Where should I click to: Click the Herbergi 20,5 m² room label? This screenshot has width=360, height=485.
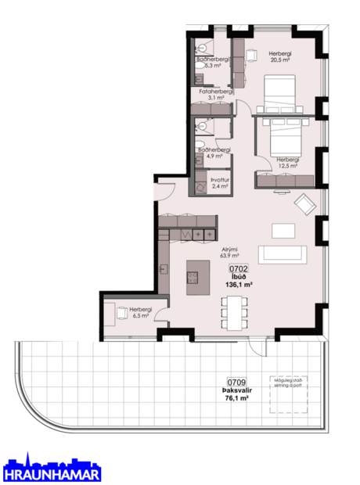[x=279, y=56]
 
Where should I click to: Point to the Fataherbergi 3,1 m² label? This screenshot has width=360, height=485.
[x=213, y=94]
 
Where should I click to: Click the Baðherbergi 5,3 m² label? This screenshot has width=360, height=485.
[x=213, y=63]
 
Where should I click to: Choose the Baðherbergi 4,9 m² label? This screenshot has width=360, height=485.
[x=214, y=153]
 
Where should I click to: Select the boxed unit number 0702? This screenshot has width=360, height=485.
[x=239, y=269]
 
